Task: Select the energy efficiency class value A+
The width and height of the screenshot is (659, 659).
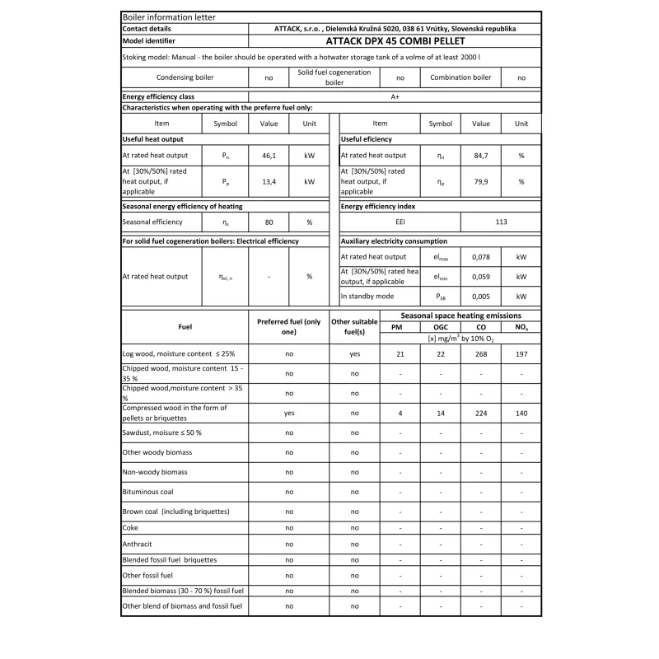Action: point(395,96)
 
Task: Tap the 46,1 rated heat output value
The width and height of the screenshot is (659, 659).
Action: point(269,155)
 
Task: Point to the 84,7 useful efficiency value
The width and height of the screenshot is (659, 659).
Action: point(480,155)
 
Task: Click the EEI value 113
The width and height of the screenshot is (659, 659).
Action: point(501,222)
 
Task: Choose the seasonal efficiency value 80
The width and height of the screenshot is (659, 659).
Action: point(269,222)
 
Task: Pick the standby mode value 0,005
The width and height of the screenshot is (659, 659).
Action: point(480,296)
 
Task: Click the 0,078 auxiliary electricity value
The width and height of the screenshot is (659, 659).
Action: point(480,257)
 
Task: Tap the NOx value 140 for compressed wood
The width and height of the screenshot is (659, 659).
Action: point(521,413)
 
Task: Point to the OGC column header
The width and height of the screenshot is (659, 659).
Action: point(440,327)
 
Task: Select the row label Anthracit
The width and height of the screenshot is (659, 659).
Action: point(138,544)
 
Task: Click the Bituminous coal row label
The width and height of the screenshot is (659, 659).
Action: point(147,492)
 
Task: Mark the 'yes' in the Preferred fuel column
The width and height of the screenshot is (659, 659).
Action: point(289,413)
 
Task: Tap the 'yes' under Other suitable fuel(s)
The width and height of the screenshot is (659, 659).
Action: point(354,353)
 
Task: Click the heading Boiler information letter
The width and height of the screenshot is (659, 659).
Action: point(157,16)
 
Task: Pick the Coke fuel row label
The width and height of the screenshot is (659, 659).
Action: point(130,527)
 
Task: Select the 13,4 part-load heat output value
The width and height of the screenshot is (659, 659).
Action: point(269,182)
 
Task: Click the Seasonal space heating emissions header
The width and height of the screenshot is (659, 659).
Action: point(460,315)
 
